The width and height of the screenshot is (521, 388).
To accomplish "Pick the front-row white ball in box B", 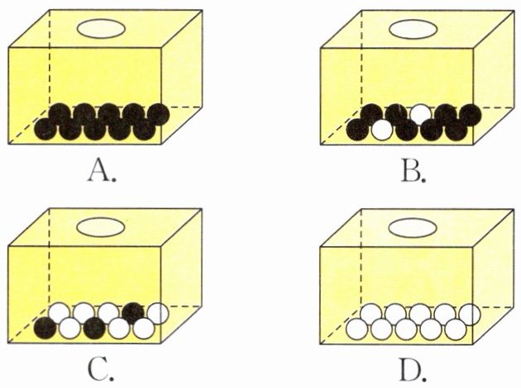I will (381, 130).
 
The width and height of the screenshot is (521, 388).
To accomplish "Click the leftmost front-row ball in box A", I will (46, 130).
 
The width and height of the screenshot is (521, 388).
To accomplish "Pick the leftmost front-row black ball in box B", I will (357, 130).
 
